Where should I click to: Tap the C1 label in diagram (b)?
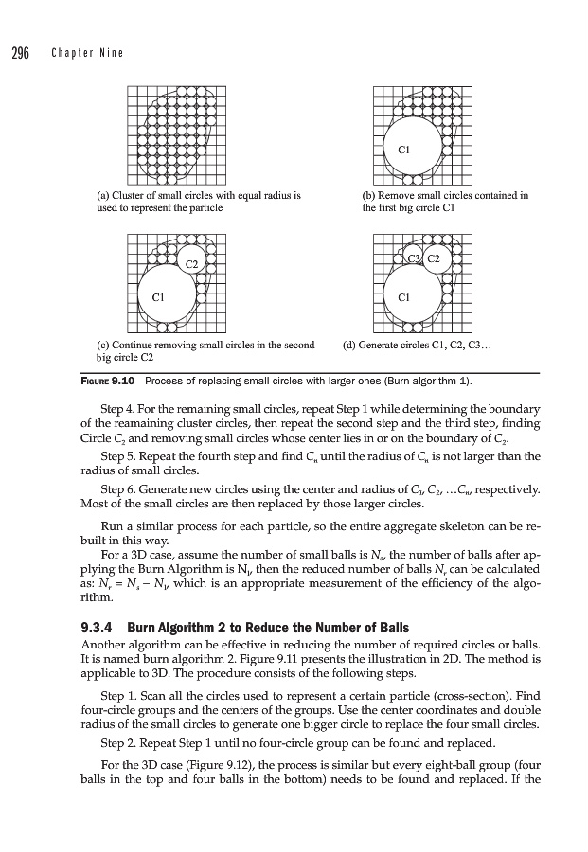tap(402, 149)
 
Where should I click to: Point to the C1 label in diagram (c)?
tap(159, 297)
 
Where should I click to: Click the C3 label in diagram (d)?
tap(413, 258)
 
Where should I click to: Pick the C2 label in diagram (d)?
tap(434, 258)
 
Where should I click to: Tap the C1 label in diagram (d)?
tap(402, 297)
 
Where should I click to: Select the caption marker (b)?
tap(369, 196)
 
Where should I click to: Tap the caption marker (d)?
tap(348, 346)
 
